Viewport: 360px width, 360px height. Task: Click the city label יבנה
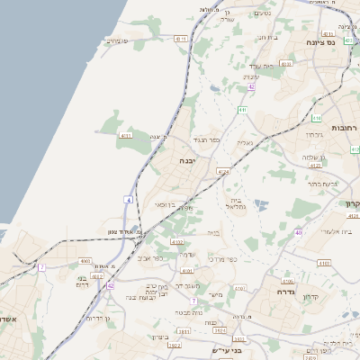click(186, 161)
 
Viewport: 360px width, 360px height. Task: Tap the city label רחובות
click(343, 128)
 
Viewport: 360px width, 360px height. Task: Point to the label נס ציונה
click(319, 42)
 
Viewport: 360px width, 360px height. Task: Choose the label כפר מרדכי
click(222, 260)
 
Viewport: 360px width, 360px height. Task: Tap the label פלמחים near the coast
click(117, 40)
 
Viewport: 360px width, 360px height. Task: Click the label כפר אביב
click(150, 259)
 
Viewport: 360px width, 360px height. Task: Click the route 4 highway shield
click(130, 199)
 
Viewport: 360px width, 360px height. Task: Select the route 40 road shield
click(297, 233)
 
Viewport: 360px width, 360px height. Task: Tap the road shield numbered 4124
click(223, 170)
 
